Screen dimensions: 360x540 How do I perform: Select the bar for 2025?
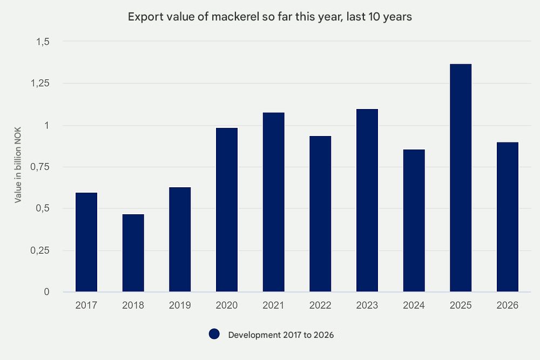click(461, 178)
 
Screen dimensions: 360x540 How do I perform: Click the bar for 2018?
click(133, 253)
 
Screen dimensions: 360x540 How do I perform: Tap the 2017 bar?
click(86, 242)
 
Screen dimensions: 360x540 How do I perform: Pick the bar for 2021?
click(274, 202)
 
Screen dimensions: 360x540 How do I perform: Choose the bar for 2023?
click(367, 200)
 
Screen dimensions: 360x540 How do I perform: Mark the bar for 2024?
click(414, 221)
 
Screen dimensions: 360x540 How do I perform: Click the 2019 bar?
click(180, 240)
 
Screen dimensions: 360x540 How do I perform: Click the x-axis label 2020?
click(227, 305)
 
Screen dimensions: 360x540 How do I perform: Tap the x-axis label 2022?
click(320, 305)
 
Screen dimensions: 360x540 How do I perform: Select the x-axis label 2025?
click(461, 305)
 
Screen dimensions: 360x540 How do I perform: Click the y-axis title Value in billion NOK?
click(18, 167)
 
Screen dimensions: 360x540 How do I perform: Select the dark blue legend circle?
click(214, 335)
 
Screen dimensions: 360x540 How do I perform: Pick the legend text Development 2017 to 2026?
click(281, 335)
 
